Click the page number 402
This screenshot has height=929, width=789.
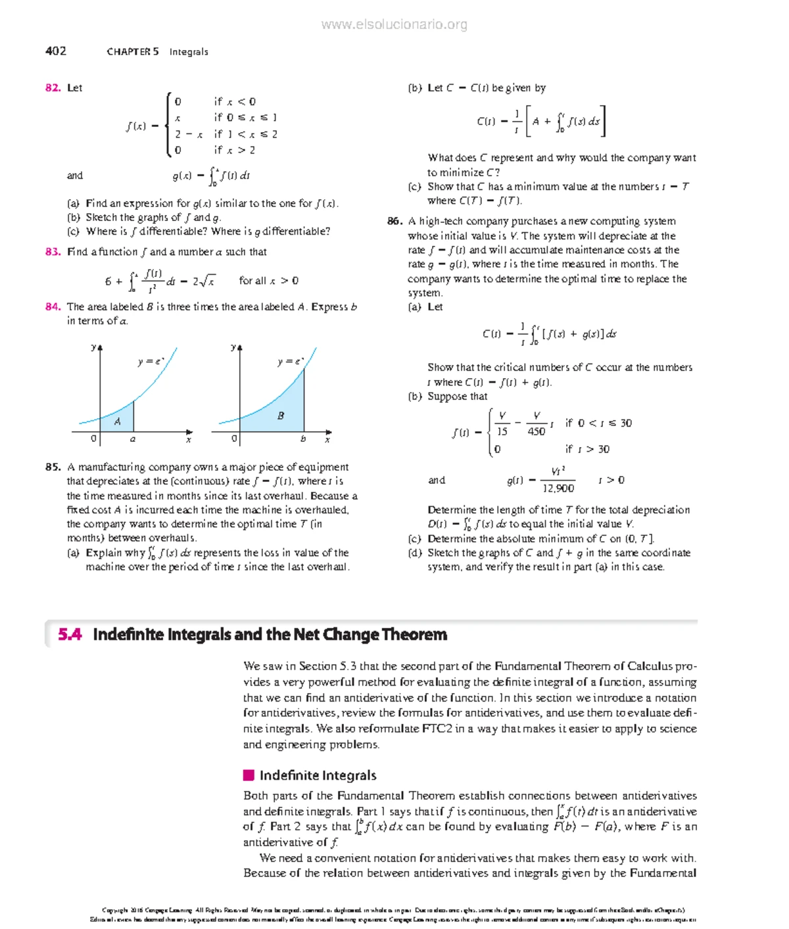pos(55,51)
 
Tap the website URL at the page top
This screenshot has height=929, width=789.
pos(394,25)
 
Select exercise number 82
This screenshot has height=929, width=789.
pos(53,88)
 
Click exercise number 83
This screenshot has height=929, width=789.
pos(53,252)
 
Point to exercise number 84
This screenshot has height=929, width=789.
pos(53,307)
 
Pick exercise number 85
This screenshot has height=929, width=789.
pos(53,467)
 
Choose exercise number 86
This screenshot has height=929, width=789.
pos(394,222)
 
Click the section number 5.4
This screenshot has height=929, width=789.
pos(70,634)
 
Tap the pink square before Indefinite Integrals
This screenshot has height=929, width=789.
pos(249,775)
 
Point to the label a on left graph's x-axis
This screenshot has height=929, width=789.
pos(133,439)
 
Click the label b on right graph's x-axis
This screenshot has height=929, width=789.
pos(303,439)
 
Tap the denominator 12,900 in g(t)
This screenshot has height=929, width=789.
pos(558,488)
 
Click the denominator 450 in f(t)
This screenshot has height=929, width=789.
pos(536,432)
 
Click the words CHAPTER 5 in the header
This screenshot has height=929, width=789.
pos(132,52)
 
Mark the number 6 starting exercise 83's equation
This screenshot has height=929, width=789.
pos(108,281)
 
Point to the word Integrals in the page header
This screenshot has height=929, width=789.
pos(189,52)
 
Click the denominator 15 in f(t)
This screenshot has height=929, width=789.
pos(502,432)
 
